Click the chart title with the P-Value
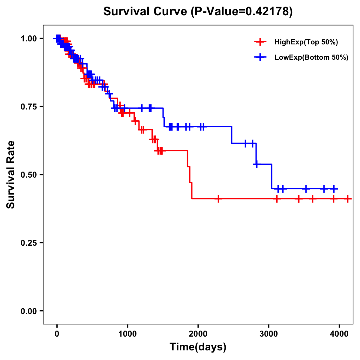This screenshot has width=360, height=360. click(198, 11)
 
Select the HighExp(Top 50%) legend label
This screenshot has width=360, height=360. click(306, 42)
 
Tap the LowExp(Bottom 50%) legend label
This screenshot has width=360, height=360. click(311, 57)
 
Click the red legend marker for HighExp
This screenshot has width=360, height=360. click(260, 42)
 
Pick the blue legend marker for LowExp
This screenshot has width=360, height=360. click(260, 57)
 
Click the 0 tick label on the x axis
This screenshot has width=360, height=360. click(57, 334)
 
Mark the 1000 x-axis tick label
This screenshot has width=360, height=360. click(127, 334)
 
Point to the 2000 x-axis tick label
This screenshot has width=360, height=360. click(198, 334)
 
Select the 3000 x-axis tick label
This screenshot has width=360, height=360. click(268, 334)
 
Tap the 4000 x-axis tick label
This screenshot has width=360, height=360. click(339, 334)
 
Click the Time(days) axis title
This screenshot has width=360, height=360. click(198, 347)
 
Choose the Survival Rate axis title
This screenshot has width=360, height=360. click(11, 175)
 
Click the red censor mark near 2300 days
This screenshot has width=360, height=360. click(218, 199)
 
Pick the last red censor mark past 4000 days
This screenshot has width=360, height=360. click(347, 199)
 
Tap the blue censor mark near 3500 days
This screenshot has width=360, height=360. click(306, 189)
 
